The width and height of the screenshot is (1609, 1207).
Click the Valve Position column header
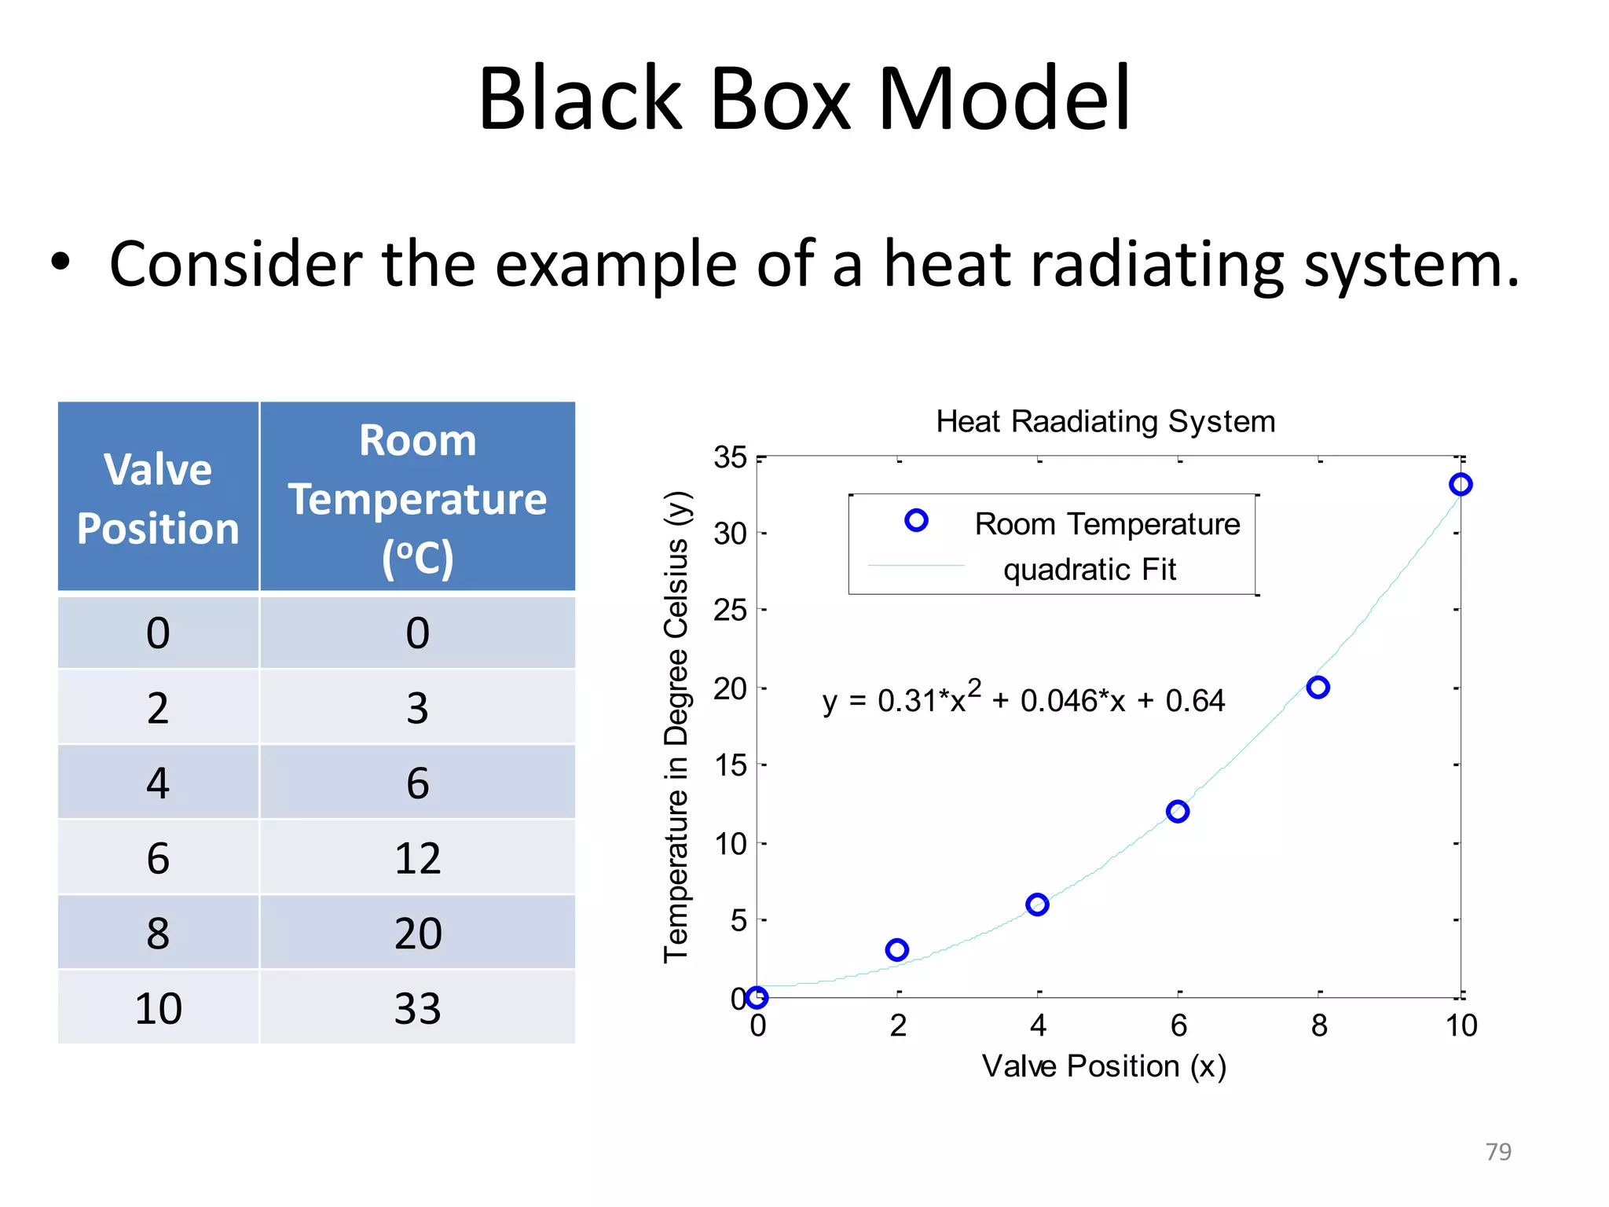click(158, 498)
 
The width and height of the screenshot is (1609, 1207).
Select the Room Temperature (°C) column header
click(417, 498)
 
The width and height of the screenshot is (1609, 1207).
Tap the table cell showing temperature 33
click(417, 1008)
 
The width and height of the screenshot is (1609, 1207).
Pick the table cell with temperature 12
click(417, 858)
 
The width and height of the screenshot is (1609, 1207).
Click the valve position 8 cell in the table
click(158, 934)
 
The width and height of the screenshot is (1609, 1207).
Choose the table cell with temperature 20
click(417, 934)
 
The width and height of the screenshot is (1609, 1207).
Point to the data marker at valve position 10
click(1461, 485)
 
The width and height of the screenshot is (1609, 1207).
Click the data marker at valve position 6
click(1178, 812)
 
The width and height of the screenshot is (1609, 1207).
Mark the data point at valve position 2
click(896, 950)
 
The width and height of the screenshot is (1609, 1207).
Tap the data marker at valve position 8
click(1318, 688)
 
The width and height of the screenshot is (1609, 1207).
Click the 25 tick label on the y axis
click(730, 611)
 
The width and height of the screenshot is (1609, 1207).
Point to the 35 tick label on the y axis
click(730, 457)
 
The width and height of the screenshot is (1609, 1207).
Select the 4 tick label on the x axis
click(1039, 1026)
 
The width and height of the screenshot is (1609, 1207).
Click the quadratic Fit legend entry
click(1090, 570)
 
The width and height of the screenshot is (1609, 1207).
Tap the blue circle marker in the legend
click(916, 520)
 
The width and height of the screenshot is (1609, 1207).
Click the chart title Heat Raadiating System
click(1105, 422)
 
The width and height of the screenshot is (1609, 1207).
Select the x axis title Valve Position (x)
click(1104, 1067)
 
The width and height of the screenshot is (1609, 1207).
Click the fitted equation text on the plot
click(1023, 699)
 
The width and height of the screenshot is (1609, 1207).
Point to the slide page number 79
click(1498, 1152)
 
